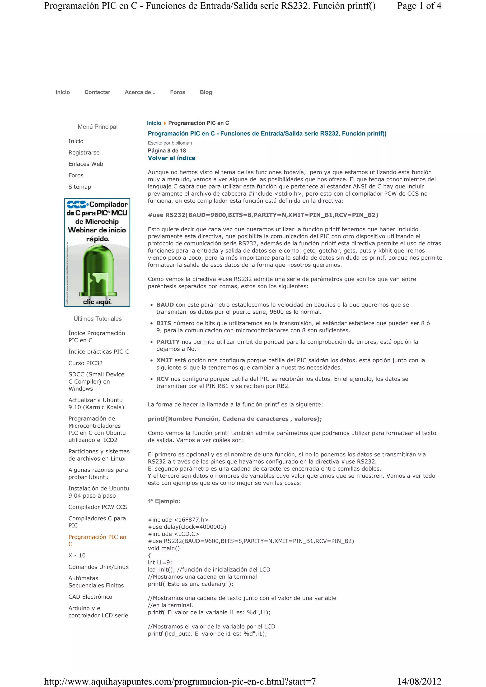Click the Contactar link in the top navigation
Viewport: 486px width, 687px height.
pos(97,92)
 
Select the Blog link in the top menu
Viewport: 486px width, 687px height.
pos(206,92)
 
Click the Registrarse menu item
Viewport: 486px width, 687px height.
pos(84,153)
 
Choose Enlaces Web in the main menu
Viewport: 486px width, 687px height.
pos(86,164)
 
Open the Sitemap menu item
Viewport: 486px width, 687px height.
pos(80,187)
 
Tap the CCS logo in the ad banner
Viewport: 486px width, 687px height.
pos(77,204)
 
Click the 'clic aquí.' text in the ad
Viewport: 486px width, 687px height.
pos(97,302)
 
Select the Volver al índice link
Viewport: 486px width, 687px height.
pos(171,158)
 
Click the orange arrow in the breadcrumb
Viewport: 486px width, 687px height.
pos(165,123)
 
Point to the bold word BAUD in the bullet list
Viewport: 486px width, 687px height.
pos(165,305)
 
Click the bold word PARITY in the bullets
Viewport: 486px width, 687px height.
pos(168,342)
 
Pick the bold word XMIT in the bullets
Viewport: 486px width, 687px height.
pos(164,360)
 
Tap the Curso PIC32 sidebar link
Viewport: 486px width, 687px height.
pos(85,363)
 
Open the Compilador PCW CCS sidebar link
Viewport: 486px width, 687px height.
pos(98,507)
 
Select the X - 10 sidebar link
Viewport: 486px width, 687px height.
pos(77,555)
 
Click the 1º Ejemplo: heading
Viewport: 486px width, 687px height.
pos(164,501)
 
